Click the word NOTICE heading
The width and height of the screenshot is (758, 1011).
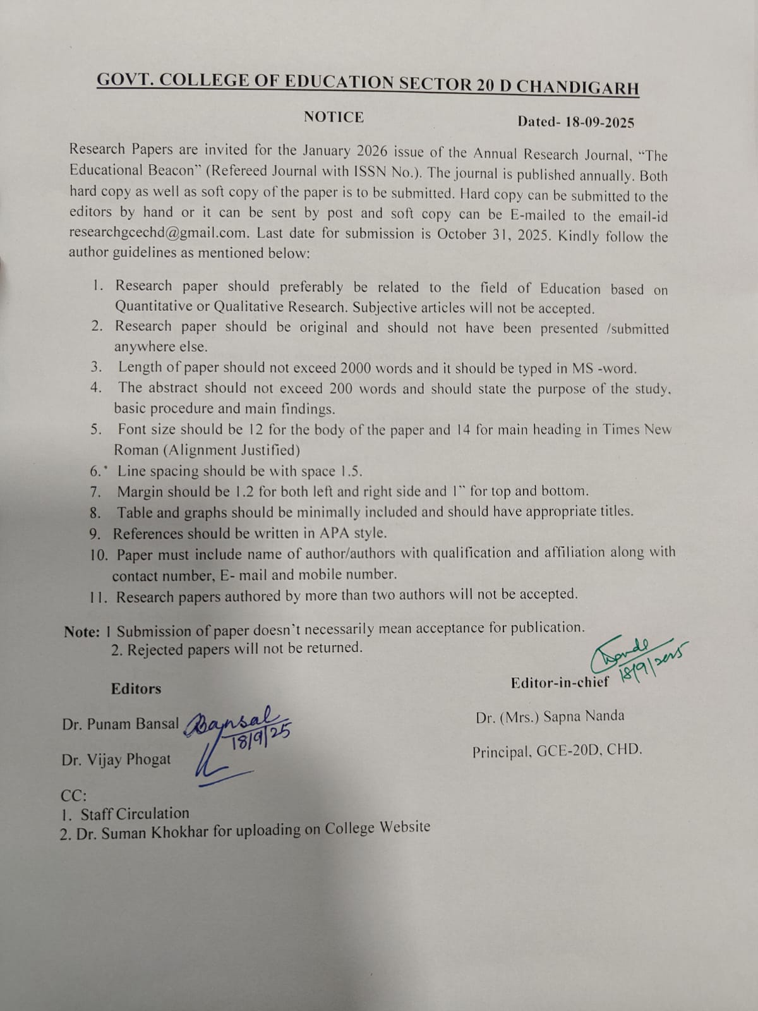point(334,118)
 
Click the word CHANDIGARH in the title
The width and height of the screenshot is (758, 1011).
point(577,87)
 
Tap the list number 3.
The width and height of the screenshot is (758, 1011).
point(96,366)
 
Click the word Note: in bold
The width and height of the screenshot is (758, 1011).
point(81,632)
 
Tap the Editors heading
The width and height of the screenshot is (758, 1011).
point(136,689)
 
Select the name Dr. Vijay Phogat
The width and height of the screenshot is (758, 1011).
point(116,760)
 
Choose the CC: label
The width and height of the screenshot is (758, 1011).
point(73,796)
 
